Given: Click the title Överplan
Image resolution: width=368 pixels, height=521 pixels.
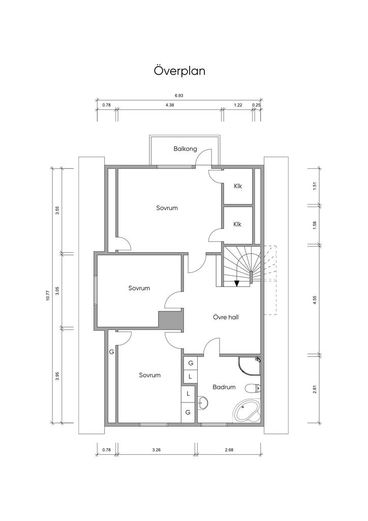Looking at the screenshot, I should (x=179, y=71).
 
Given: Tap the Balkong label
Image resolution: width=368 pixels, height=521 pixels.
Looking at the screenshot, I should (x=184, y=149).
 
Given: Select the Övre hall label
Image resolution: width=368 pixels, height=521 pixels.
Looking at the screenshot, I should (x=226, y=317).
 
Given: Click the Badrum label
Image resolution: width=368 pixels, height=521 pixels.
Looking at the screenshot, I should (x=224, y=387).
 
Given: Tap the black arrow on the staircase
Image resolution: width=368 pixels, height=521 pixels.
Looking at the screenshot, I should (x=237, y=283).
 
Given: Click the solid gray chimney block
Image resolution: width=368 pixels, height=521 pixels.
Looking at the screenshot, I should (x=170, y=321).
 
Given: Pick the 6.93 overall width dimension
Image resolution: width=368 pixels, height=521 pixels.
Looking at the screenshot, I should (x=179, y=96).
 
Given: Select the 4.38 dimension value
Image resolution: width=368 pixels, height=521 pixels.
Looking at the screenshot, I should (x=170, y=105).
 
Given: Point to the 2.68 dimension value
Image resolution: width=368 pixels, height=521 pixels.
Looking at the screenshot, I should (x=229, y=450).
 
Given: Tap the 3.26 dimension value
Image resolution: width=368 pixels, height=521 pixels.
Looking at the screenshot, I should (x=156, y=450).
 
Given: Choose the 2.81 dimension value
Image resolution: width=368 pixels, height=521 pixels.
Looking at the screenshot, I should (x=315, y=389).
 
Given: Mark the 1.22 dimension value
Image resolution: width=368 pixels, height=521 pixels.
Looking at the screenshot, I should (x=238, y=105).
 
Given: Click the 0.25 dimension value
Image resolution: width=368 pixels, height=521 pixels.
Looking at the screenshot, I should (x=256, y=105).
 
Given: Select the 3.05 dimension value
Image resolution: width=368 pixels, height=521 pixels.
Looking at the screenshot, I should (x=57, y=291).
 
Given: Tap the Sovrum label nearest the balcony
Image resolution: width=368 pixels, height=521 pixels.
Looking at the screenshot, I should (x=167, y=208).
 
